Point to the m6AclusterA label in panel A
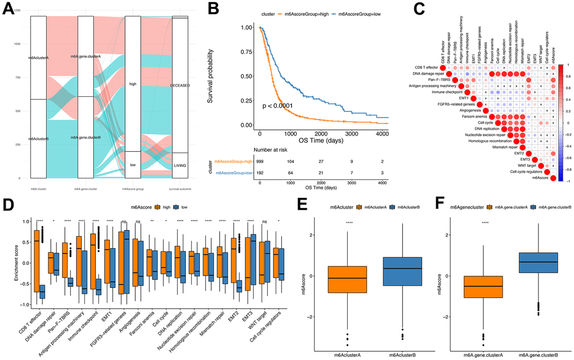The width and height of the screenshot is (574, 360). [38, 58]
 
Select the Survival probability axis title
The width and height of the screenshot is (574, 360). [226, 76]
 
